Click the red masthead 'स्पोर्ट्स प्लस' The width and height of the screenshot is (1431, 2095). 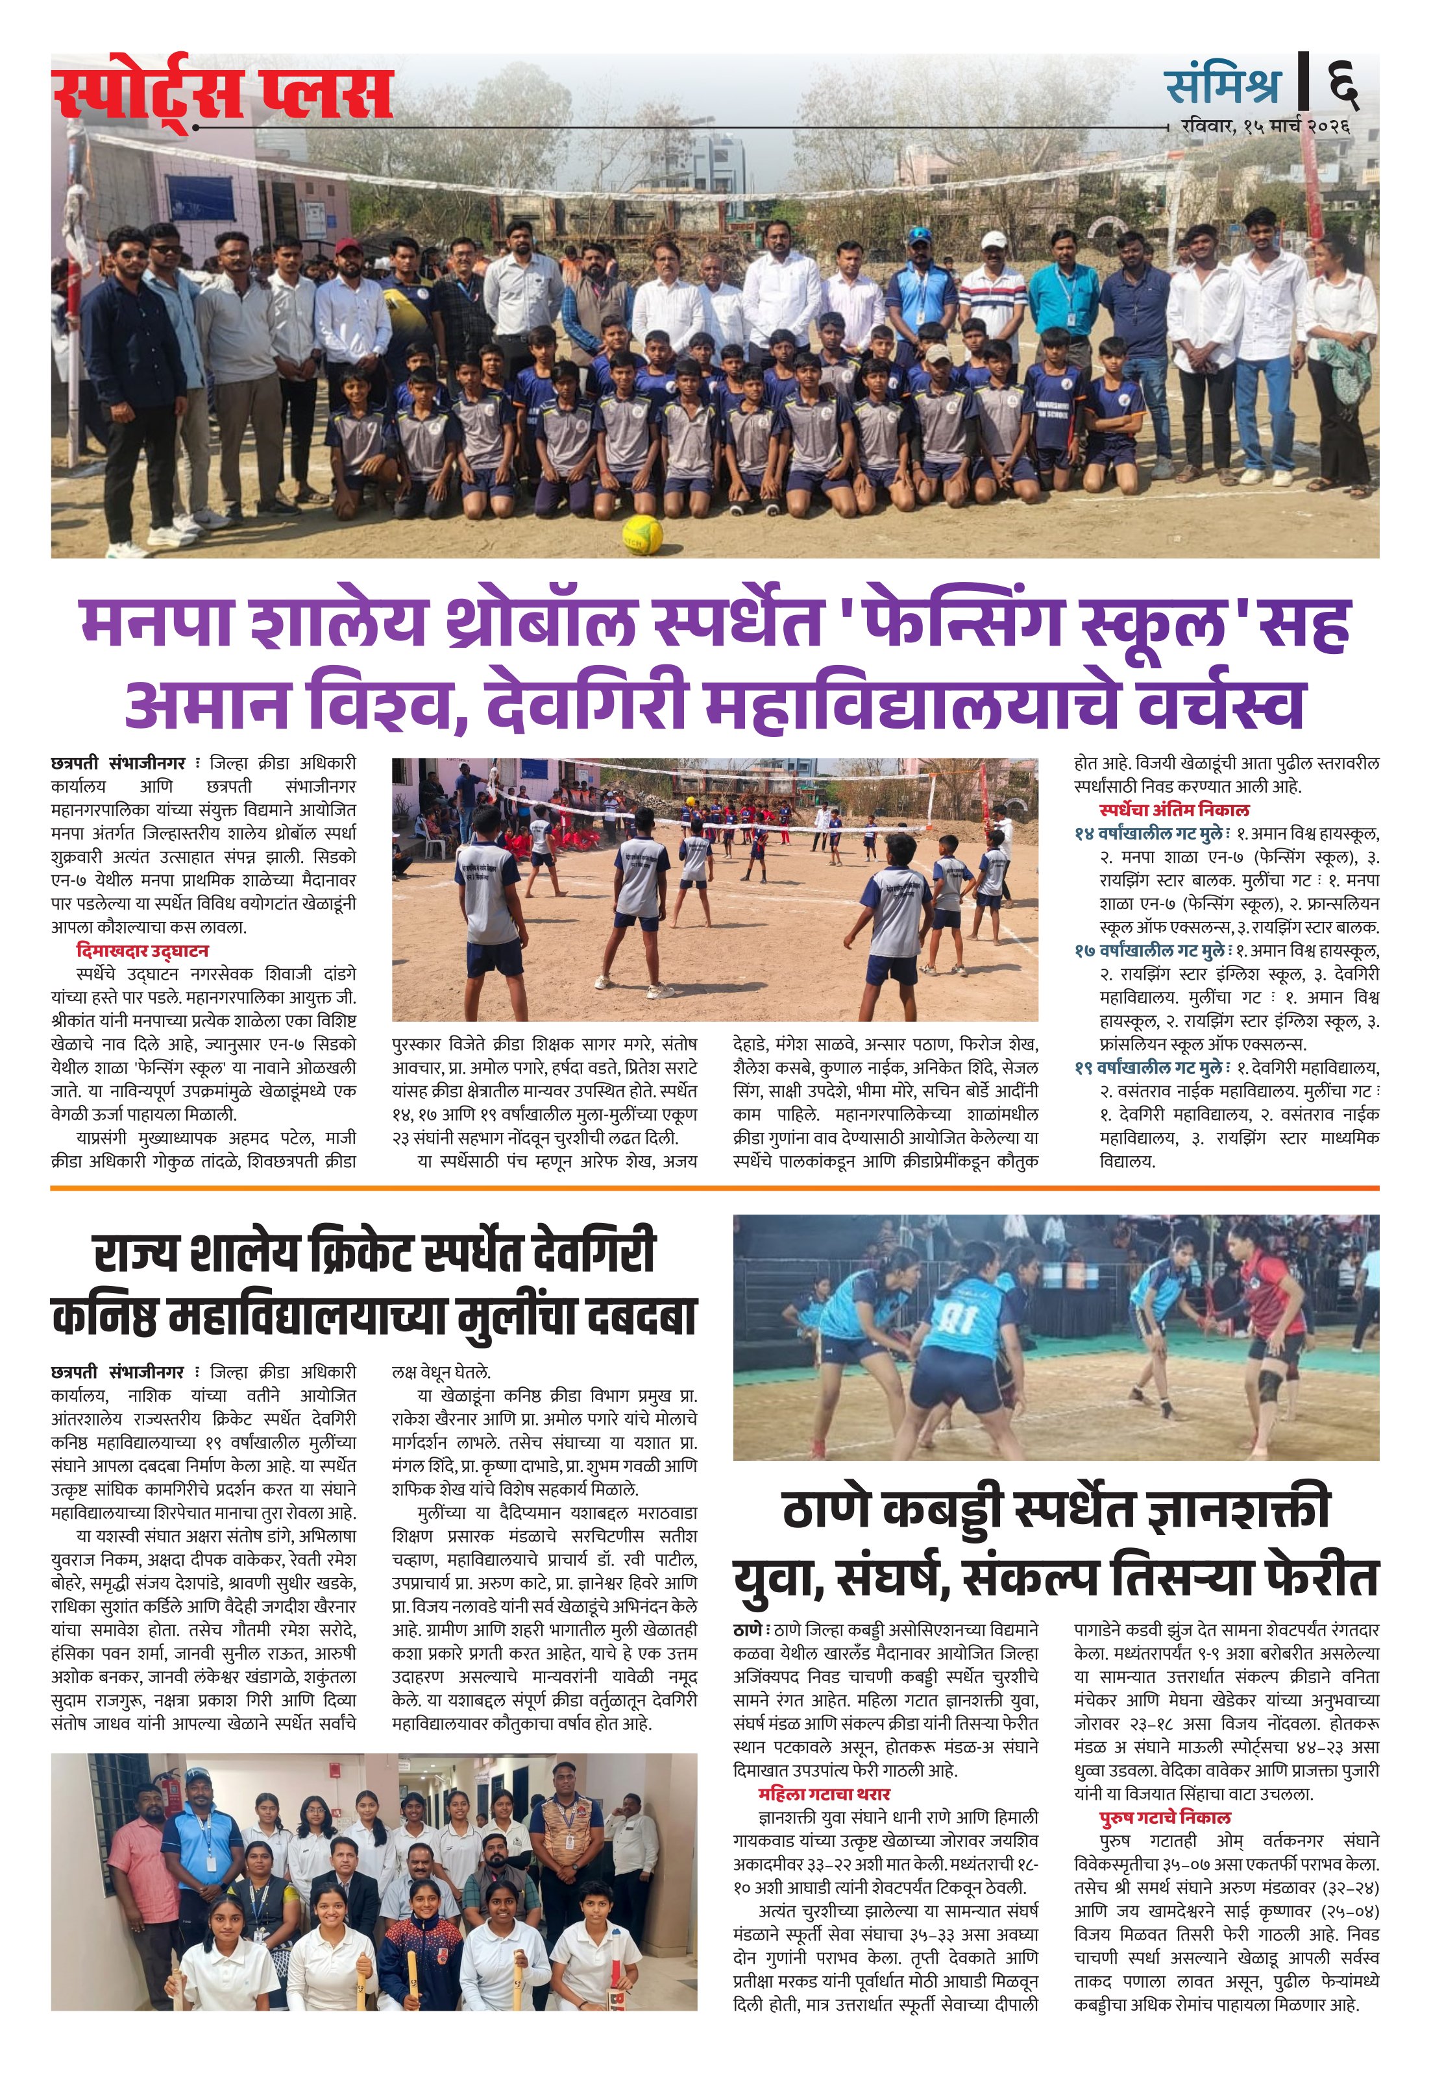pyautogui.click(x=223, y=95)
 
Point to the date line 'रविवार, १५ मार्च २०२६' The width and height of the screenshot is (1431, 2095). pyautogui.click(x=1264, y=127)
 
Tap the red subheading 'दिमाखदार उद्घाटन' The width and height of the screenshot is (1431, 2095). pyautogui.click(x=143, y=950)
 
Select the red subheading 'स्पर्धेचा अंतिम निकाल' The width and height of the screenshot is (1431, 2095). pyautogui.click(x=1173, y=808)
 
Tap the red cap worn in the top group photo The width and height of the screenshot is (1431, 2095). pyautogui.click(x=347, y=246)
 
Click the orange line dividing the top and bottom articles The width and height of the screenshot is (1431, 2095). pyautogui.click(x=715, y=1188)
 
